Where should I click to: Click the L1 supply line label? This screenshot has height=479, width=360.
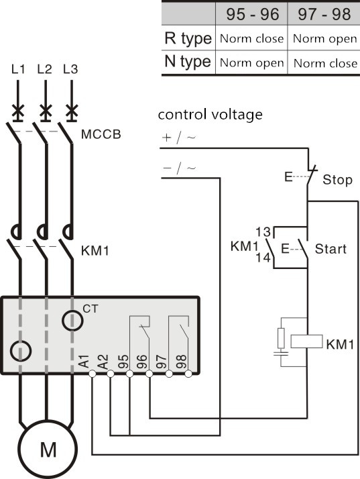[x=18, y=69]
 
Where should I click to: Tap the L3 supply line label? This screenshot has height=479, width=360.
[x=70, y=69]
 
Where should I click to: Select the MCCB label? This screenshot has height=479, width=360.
[x=101, y=134]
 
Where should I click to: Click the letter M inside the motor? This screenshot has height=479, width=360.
[x=48, y=449]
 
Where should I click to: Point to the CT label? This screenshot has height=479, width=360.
[x=91, y=309]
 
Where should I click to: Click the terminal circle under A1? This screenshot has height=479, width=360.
[x=93, y=374]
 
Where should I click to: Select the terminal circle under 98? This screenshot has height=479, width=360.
[x=188, y=374]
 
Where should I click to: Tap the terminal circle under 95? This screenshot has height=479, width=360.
[x=130, y=374]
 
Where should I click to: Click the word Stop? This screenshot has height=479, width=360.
[x=337, y=180]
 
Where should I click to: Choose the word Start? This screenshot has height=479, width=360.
[x=331, y=249]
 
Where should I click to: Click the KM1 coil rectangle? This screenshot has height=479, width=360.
[x=306, y=341]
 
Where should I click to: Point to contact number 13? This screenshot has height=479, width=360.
[x=263, y=232]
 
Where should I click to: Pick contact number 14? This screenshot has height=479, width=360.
[x=263, y=258]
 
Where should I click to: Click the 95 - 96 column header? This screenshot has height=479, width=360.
[x=253, y=14]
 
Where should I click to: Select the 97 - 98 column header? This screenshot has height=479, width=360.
[x=324, y=14]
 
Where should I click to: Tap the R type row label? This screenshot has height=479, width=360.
[x=188, y=39]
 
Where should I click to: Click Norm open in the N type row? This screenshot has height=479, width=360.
[x=252, y=63]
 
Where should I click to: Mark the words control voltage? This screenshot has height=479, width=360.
[x=210, y=115]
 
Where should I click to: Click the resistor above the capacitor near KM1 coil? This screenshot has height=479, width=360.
[x=281, y=338]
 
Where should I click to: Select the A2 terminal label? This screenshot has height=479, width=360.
[x=103, y=362]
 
